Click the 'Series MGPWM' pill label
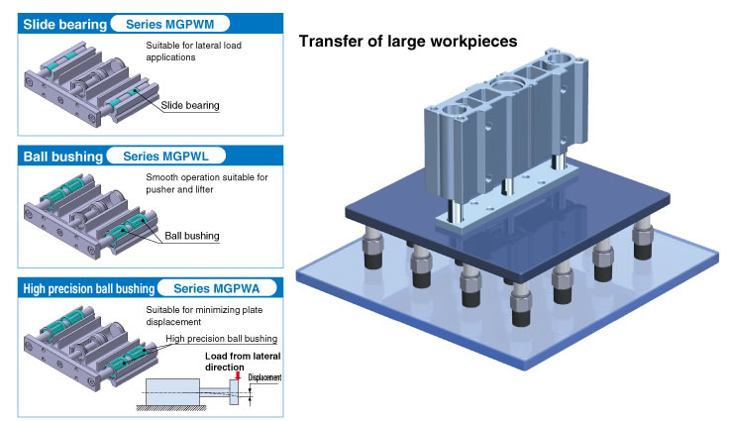(x=170, y=24)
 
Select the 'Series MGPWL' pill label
(x=165, y=156)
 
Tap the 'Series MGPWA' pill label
(x=217, y=288)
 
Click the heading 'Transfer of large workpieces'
(x=408, y=41)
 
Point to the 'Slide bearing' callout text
(x=190, y=105)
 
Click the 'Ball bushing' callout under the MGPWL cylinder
(x=192, y=236)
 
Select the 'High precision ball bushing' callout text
(x=222, y=339)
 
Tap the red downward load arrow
(x=238, y=374)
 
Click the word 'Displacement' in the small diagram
(x=264, y=377)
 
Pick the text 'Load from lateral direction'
(x=243, y=362)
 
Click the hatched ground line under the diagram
(x=171, y=408)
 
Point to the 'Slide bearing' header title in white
(x=64, y=24)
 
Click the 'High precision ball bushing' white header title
(x=89, y=288)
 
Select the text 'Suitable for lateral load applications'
(x=194, y=52)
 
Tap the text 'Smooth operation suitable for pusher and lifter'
(x=207, y=183)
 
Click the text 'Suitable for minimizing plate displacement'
(x=204, y=316)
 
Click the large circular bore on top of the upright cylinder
(x=509, y=86)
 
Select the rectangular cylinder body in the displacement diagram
(x=172, y=392)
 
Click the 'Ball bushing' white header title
(x=63, y=157)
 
